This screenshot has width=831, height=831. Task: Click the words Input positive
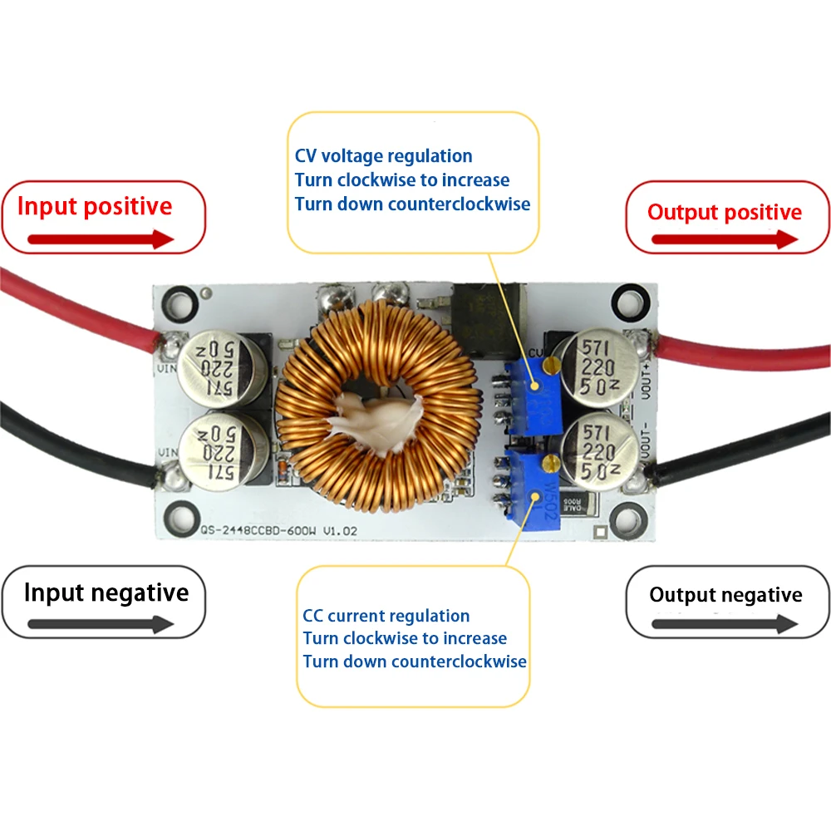tap(95, 206)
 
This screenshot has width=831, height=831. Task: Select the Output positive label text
tap(725, 212)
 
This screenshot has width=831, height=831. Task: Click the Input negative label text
tap(106, 593)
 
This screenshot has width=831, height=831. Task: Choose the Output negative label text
tap(725, 595)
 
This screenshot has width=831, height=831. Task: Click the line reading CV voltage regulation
tap(383, 155)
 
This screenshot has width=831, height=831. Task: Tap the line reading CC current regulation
tap(386, 616)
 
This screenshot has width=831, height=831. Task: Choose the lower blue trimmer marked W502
tap(529, 492)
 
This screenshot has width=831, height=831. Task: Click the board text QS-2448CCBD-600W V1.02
tap(266, 529)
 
